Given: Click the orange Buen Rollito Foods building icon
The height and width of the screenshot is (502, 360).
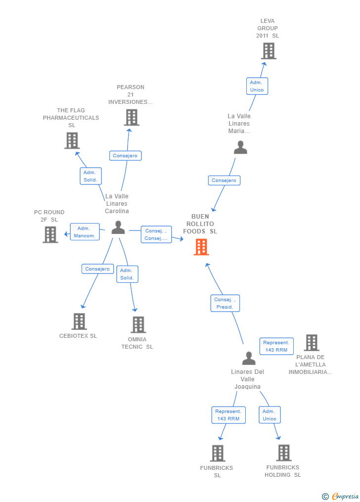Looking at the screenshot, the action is [x=201, y=247].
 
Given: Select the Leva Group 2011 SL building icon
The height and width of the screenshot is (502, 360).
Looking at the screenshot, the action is [x=269, y=51].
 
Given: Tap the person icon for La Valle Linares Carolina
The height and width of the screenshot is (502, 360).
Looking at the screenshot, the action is [x=118, y=228].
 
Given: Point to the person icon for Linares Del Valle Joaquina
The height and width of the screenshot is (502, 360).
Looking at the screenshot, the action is [x=249, y=358].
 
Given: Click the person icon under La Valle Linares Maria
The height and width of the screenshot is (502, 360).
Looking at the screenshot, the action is [x=240, y=147].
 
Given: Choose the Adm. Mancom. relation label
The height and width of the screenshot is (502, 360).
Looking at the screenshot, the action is [x=85, y=232].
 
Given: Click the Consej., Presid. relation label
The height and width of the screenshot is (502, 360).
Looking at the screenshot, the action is [x=225, y=303].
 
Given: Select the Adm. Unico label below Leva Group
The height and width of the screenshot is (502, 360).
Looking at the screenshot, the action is [x=257, y=86].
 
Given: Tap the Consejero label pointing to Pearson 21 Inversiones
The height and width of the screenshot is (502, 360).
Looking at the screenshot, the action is [x=125, y=156].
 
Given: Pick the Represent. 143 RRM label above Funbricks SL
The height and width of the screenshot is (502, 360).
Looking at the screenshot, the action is [x=228, y=415].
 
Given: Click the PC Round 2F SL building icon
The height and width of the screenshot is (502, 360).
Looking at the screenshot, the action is [x=50, y=234].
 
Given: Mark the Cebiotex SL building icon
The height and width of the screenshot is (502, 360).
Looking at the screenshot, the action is [x=79, y=321].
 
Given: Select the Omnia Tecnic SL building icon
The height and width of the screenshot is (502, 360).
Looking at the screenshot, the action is [x=138, y=324].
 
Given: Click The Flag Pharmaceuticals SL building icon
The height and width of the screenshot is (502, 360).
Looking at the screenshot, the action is [x=72, y=140].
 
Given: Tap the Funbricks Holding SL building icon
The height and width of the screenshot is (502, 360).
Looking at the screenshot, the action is [x=283, y=453].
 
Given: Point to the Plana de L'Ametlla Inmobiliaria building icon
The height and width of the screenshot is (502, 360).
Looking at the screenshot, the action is [x=312, y=343].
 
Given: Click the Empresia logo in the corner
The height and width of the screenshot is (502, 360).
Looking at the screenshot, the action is [x=341, y=496].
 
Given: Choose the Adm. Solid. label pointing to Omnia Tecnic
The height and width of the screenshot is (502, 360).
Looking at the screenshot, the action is [x=128, y=274].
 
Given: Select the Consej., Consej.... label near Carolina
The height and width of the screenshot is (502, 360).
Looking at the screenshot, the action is [x=156, y=234].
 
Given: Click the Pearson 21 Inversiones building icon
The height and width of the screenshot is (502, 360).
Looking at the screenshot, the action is [x=132, y=118].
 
